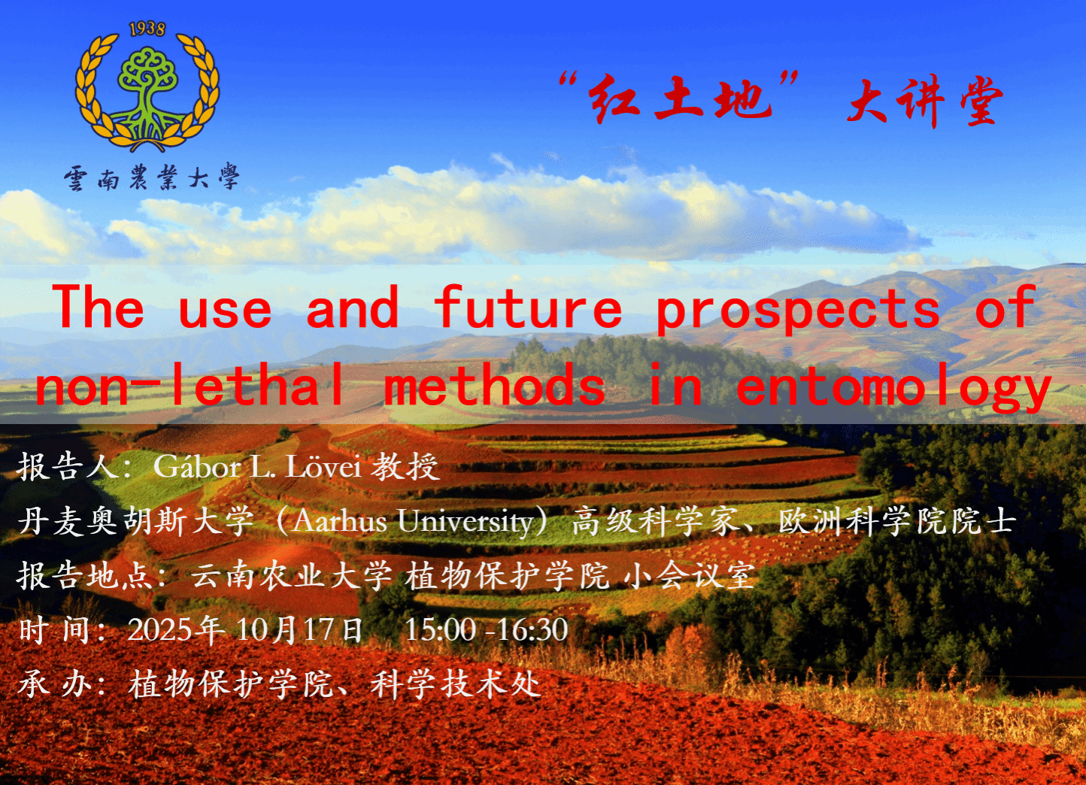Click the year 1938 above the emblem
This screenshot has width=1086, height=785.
point(147,29)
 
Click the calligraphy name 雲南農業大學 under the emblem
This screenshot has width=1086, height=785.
point(152,177)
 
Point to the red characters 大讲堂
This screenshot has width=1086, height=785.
point(924,102)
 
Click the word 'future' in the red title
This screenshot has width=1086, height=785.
point(527,308)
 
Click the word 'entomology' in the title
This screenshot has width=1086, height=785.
point(893,388)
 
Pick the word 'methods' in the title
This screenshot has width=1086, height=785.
point(495,385)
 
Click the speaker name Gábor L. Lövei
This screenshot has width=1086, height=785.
point(257,467)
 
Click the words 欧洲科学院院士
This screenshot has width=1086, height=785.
point(897,522)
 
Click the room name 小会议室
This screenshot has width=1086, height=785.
point(689,576)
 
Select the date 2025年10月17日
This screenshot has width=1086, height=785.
point(245,630)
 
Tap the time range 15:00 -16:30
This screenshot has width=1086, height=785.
point(487,630)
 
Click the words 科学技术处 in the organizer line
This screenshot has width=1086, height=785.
point(456,685)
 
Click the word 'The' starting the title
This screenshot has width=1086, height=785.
point(100,308)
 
